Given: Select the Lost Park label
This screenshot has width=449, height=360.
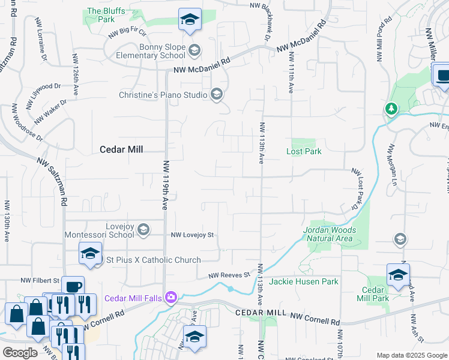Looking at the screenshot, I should tap(304, 151).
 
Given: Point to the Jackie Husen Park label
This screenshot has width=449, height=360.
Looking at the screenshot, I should tap(304, 281).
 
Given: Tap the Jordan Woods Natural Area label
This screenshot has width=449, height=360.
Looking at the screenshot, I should tap(330, 234).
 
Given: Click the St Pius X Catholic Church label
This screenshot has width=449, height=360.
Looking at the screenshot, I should tap(153, 260).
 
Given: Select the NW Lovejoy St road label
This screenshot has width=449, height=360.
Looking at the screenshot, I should tap(193, 235).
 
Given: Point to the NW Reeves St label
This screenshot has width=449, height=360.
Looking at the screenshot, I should tap(229, 275).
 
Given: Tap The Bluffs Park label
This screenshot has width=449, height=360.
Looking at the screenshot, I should tap(101, 15).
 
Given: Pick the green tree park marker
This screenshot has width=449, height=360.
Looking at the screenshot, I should tap(391, 108).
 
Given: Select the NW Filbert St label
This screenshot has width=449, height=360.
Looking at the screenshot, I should tap(40, 280).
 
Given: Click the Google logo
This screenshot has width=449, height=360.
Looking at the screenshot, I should tap(20, 352).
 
